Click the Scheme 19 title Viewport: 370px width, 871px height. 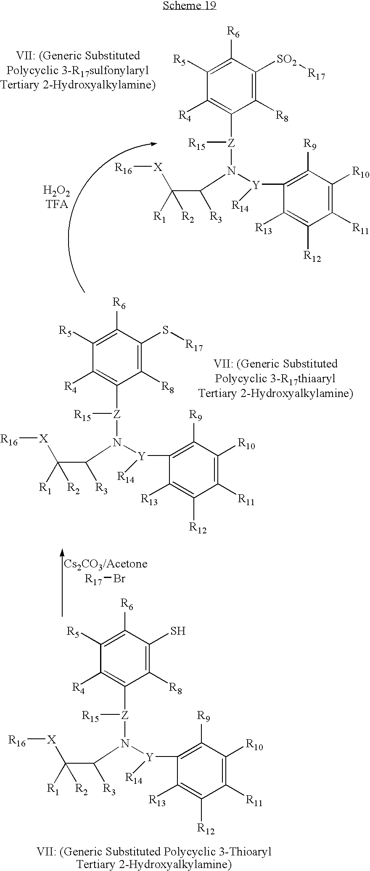[x=189, y=5]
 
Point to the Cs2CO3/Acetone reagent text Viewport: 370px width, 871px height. [x=106, y=564]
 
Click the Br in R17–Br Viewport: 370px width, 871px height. [x=119, y=578]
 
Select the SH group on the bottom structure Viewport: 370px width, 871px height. [x=177, y=631]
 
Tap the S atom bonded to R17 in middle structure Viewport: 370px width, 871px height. [x=166, y=331]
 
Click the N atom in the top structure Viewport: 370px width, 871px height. [x=230, y=171]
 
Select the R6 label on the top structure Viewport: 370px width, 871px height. [x=233, y=32]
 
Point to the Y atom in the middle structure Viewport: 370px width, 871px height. [x=142, y=456]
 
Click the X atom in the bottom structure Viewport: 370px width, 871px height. [x=51, y=739]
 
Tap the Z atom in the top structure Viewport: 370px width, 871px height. [x=231, y=144]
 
